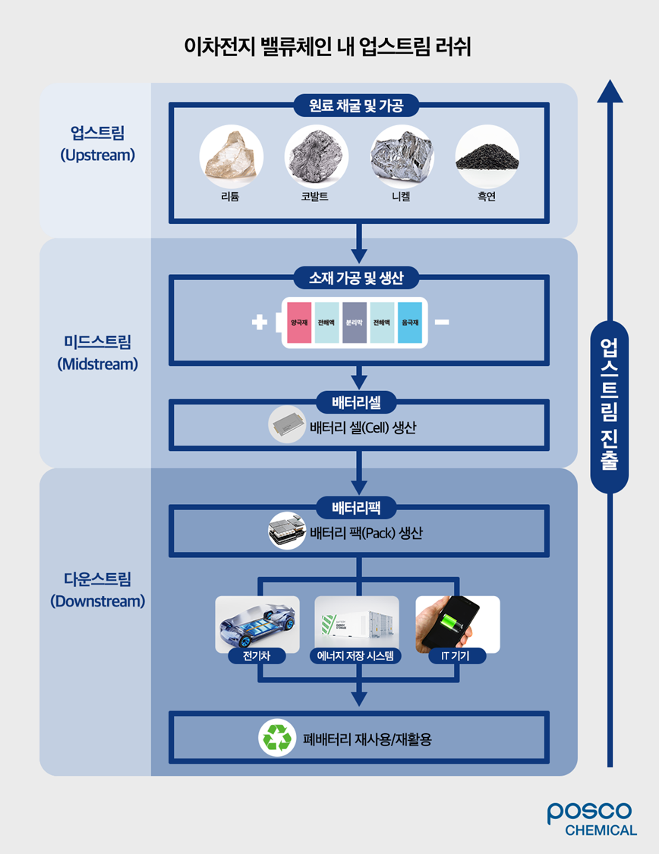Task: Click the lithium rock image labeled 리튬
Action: coord(231,158)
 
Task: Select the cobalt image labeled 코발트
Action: coord(316,158)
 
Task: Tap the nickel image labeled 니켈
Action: coord(402,158)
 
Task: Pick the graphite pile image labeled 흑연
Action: coord(487,158)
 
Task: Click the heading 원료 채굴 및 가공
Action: coord(355,106)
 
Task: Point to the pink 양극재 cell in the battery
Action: coord(298,323)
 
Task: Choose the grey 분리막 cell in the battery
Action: coord(354,323)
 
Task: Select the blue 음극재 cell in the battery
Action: coord(410,323)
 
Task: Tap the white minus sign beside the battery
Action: coord(443,323)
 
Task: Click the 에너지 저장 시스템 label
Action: coord(356,656)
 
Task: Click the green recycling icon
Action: coord(277,738)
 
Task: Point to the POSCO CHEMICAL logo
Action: coord(592,819)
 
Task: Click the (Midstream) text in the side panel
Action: coord(97,364)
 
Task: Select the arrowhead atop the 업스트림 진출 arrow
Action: coord(610,91)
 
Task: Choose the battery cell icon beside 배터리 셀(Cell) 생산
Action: coord(286,426)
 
